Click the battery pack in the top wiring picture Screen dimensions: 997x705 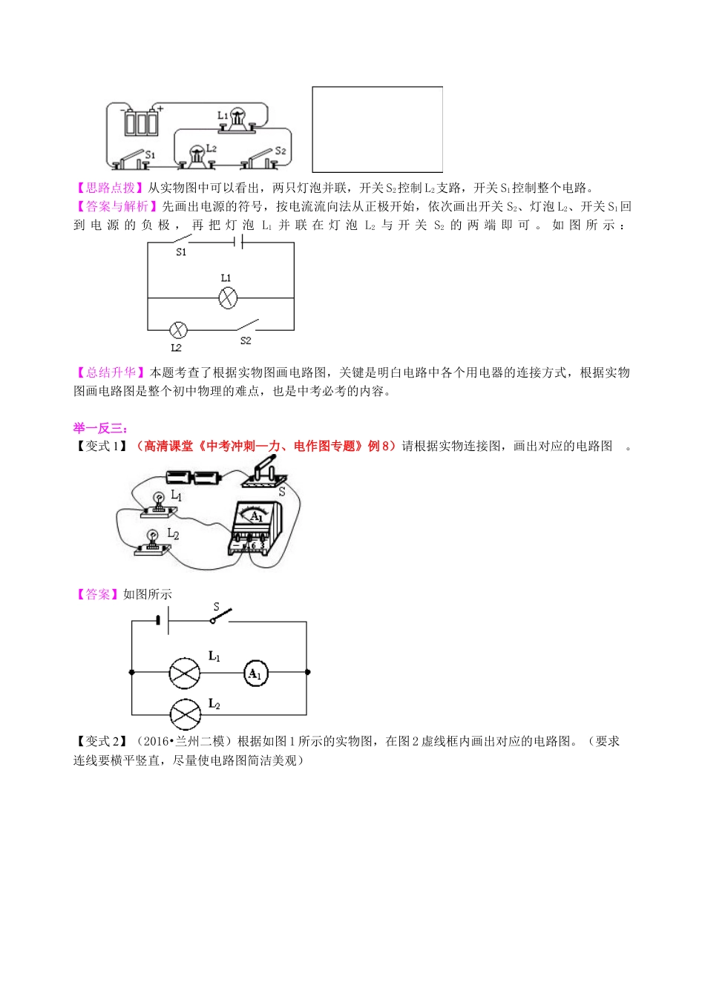pos(141,122)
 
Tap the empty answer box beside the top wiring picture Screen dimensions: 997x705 pos(377,129)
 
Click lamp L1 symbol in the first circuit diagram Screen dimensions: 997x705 pos(227,298)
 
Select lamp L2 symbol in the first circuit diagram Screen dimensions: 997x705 pos(177,329)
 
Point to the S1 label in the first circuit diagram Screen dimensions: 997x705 pos(181,252)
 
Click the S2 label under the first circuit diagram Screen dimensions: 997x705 pos(246,340)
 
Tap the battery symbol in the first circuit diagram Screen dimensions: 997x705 pos(239,243)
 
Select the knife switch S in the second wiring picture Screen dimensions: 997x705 pos(264,475)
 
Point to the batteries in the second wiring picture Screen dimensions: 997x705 pos(193,477)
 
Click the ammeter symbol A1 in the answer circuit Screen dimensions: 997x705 pos(255,674)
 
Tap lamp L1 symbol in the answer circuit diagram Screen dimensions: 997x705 pos(185,673)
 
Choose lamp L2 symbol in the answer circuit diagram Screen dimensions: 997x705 pos(185,714)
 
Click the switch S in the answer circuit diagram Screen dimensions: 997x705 pos(221,616)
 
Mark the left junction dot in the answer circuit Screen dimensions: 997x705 pos(132,672)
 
